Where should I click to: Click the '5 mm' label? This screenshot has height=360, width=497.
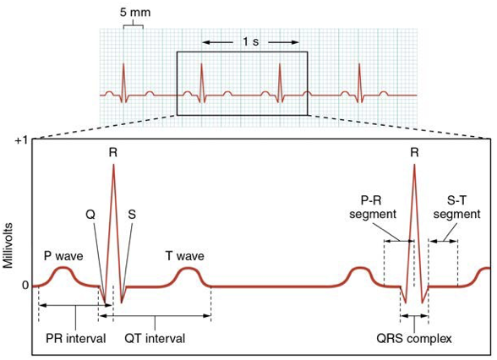coord(135,13)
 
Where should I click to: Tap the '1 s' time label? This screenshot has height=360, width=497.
coord(251,41)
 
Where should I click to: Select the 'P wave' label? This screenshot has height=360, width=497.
coord(63,256)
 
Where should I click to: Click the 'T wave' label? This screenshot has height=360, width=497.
coord(185,256)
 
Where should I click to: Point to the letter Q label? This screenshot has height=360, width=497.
coord(90,215)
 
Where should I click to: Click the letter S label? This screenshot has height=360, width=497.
coord(132,215)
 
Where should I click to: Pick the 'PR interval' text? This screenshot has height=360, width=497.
coord(76,338)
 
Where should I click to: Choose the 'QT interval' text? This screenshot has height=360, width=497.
coord(155,338)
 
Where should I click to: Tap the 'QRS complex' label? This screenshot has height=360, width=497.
coord(414,339)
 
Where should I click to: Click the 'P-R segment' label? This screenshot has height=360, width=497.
coord(373,207)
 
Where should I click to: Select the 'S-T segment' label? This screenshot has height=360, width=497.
coord(456,207)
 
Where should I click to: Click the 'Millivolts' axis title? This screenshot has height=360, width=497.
coord(8,246)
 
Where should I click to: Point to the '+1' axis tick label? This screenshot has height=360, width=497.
coord(22,140)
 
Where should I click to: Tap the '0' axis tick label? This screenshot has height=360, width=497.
coord(25,286)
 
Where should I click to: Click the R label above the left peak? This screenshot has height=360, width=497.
coord(113,153)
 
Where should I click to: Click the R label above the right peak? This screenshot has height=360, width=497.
coord(414,153)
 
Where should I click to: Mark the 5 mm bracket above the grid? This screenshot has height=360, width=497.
coord(134,25)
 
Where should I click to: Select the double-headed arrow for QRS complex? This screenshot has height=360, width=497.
coord(414,316)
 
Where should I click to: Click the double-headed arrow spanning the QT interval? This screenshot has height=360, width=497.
coord(155,316)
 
